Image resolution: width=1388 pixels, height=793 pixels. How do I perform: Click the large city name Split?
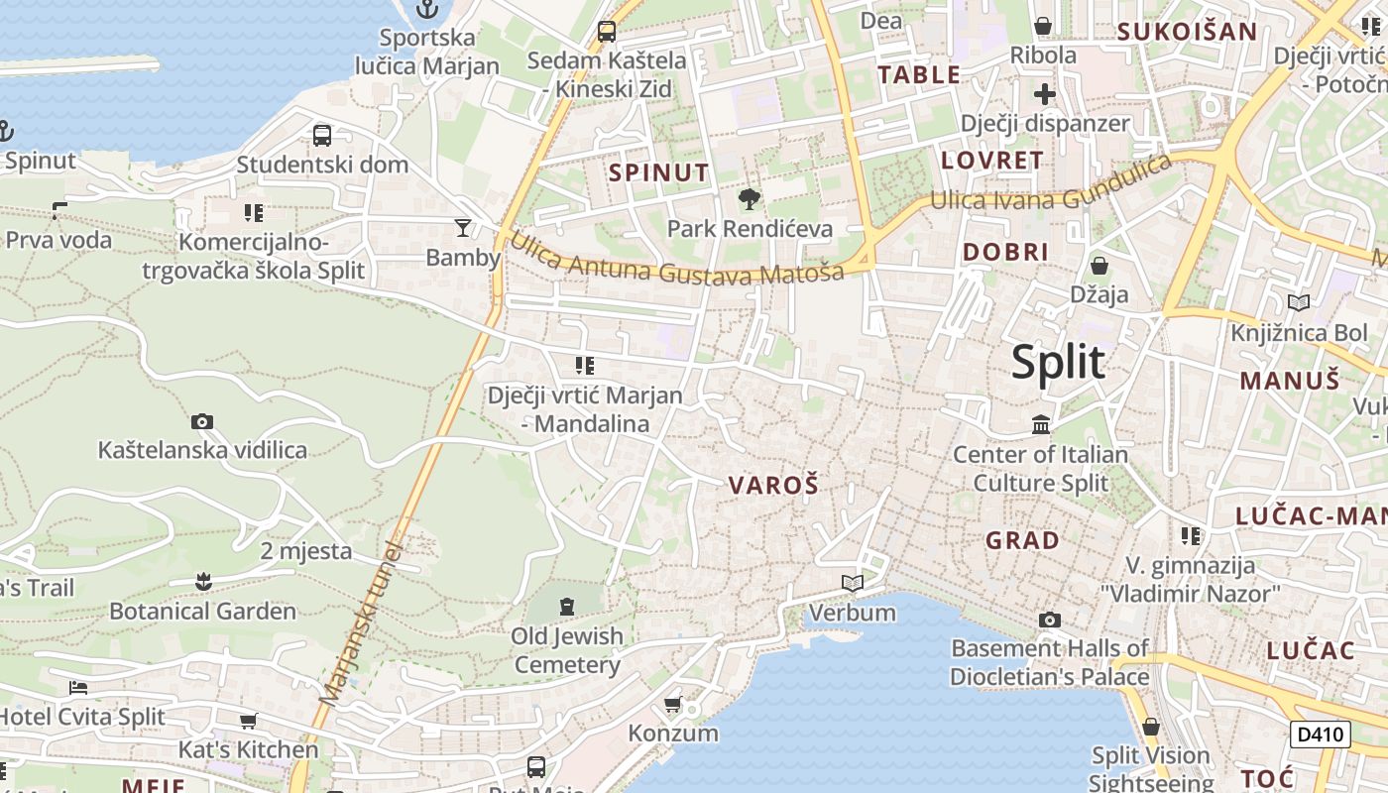pos(1058,363)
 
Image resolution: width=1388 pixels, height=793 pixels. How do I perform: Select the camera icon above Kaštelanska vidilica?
pos(202,422)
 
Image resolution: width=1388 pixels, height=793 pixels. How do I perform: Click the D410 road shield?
pos(1321,735)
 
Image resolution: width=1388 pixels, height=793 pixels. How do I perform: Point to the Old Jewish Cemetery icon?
pos(567,606)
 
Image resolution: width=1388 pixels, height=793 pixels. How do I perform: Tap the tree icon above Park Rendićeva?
pos(750,199)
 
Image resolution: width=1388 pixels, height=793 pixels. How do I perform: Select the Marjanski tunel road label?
pos(363,624)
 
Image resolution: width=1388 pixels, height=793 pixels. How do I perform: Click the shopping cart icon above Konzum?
pos(673,705)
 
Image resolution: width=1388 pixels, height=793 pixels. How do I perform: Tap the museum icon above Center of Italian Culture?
pos(1041,425)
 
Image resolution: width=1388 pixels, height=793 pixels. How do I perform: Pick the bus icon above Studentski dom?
pos(322,135)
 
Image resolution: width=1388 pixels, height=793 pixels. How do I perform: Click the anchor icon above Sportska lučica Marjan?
pos(427,10)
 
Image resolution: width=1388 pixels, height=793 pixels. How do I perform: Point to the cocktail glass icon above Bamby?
pos(462,228)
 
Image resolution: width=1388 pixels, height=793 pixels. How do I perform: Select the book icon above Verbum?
pos(852,584)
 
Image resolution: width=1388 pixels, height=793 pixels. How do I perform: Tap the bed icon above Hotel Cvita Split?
pos(78,687)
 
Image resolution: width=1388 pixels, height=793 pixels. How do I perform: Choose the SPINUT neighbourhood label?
pos(659,172)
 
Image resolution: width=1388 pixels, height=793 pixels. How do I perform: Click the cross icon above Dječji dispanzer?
pos(1045,94)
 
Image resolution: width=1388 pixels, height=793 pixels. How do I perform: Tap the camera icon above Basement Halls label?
pos(1050,621)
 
